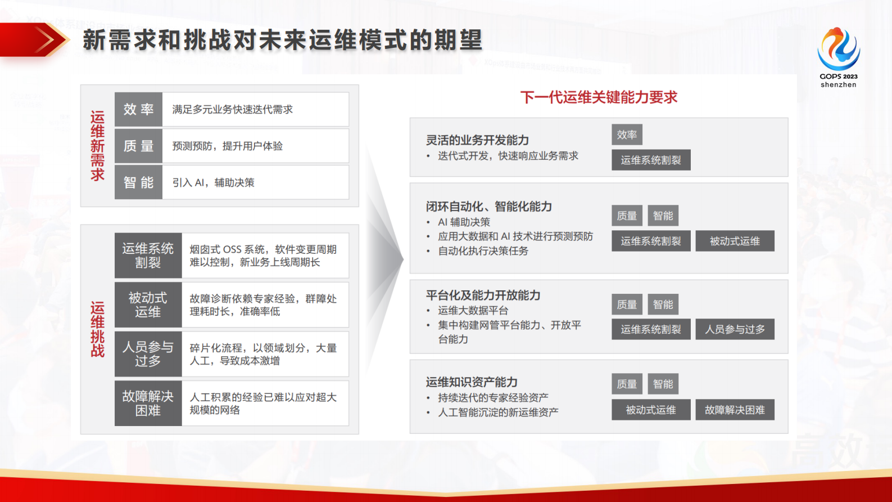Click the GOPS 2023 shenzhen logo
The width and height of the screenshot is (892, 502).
pos(838,56)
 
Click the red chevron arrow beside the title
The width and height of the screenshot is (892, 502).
pos(45,40)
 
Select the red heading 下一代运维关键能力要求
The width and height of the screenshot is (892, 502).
pos(599,97)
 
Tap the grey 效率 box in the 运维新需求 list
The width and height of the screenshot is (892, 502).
pos(138,109)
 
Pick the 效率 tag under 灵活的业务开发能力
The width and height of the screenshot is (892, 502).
pos(627,135)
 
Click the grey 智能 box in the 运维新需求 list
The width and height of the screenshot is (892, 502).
pos(138,182)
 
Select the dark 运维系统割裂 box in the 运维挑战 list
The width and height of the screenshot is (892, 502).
pos(148,256)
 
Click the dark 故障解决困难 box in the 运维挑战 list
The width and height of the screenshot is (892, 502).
pos(148,404)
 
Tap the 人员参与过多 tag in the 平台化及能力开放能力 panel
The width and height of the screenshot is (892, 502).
pos(735,329)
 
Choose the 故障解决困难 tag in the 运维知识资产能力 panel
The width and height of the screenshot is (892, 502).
pos(735,410)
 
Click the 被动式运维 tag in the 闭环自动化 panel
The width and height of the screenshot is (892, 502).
pos(735,241)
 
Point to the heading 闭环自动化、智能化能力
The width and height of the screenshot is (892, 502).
pos(488,207)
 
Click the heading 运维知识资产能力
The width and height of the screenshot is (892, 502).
pos(471,382)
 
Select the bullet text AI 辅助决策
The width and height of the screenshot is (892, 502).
pos(464,222)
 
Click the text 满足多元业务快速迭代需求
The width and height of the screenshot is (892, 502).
pos(232,109)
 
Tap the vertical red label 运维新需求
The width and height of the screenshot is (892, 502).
pos(98,146)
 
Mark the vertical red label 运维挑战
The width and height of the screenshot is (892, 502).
pos(98,329)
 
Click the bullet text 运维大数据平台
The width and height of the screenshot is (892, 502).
pos(473,311)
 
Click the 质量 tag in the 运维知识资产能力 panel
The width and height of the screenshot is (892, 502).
pos(627,384)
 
